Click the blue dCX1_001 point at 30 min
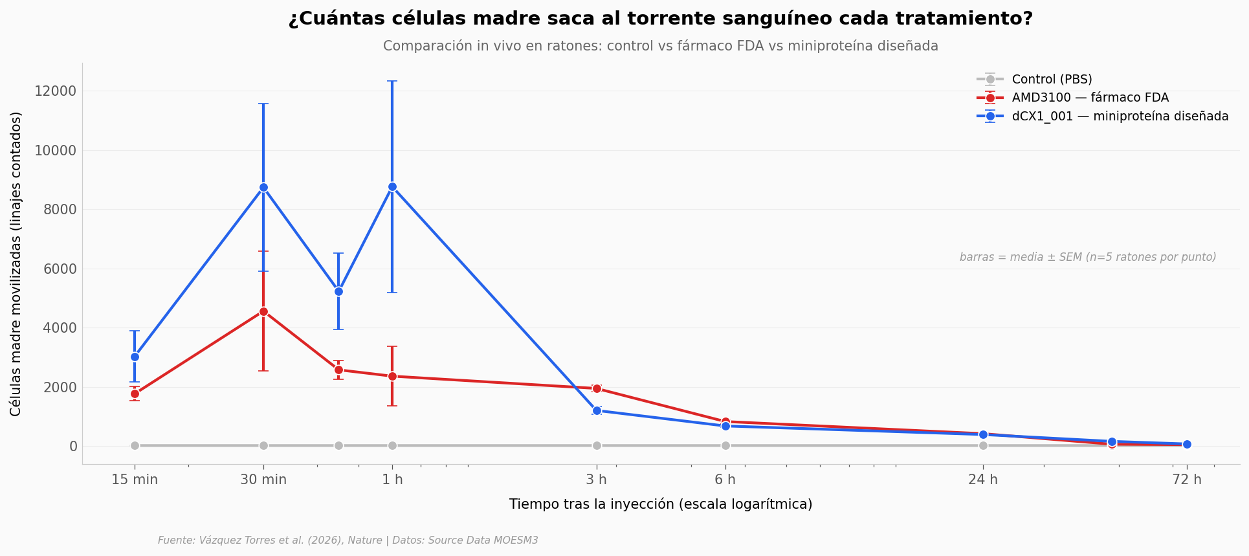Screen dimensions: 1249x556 [263, 188]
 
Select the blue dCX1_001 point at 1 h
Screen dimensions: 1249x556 [392, 187]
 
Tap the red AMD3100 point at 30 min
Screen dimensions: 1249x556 [263, 311]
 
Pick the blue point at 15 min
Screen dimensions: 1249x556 [135, 357]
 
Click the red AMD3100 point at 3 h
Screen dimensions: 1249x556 [597, 388]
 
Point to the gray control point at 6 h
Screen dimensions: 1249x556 [725, 445]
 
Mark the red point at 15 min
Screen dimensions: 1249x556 [135, 394]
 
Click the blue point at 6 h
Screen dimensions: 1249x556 [725, 426]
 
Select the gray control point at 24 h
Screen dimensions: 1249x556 [983, 445]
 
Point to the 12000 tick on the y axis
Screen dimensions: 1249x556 [56, 91]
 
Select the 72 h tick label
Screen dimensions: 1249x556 [1187, 480]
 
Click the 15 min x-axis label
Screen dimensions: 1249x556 [135, 480]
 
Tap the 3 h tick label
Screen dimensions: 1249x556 [597, 480]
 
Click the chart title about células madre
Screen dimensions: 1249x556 [661, 19]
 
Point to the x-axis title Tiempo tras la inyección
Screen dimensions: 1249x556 [661, 504]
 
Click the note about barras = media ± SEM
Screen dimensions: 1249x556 [1088, 257]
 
